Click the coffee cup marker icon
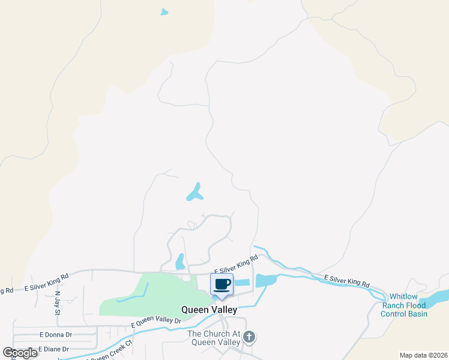[x=221, y=284]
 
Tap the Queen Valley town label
[x=209, y=310]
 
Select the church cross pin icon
[x=249, y=338]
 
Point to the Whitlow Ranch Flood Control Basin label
[x=408, y=305]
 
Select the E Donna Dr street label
[x=55, y=334]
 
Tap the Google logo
[x=20, y=353]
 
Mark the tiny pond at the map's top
[x=164, y=11]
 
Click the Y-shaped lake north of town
[x=194, y=193]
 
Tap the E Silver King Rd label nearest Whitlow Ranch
[x=347, y=281]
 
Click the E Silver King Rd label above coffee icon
[x=235, y=265]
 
